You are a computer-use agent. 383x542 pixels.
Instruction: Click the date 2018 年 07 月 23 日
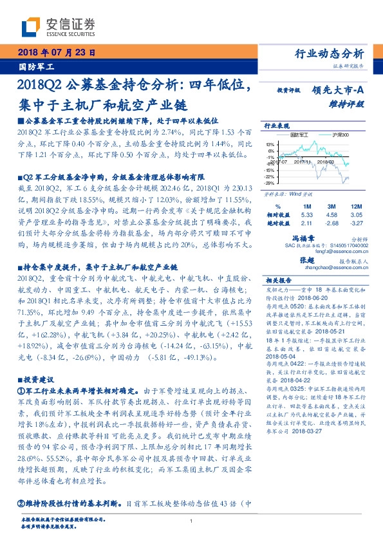(x=55, y=53)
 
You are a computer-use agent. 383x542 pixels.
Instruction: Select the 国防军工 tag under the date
(x=35, y=66)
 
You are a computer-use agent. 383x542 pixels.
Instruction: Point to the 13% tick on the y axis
(x=270, y=144)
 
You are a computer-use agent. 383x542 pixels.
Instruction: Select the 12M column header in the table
(x=357, y=206)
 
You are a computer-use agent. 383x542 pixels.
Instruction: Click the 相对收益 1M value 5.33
(x=306, y=214)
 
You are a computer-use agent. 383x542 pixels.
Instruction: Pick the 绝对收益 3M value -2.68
(x=332, y=223)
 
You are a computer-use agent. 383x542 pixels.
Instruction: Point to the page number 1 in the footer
(x=191, y=521)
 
